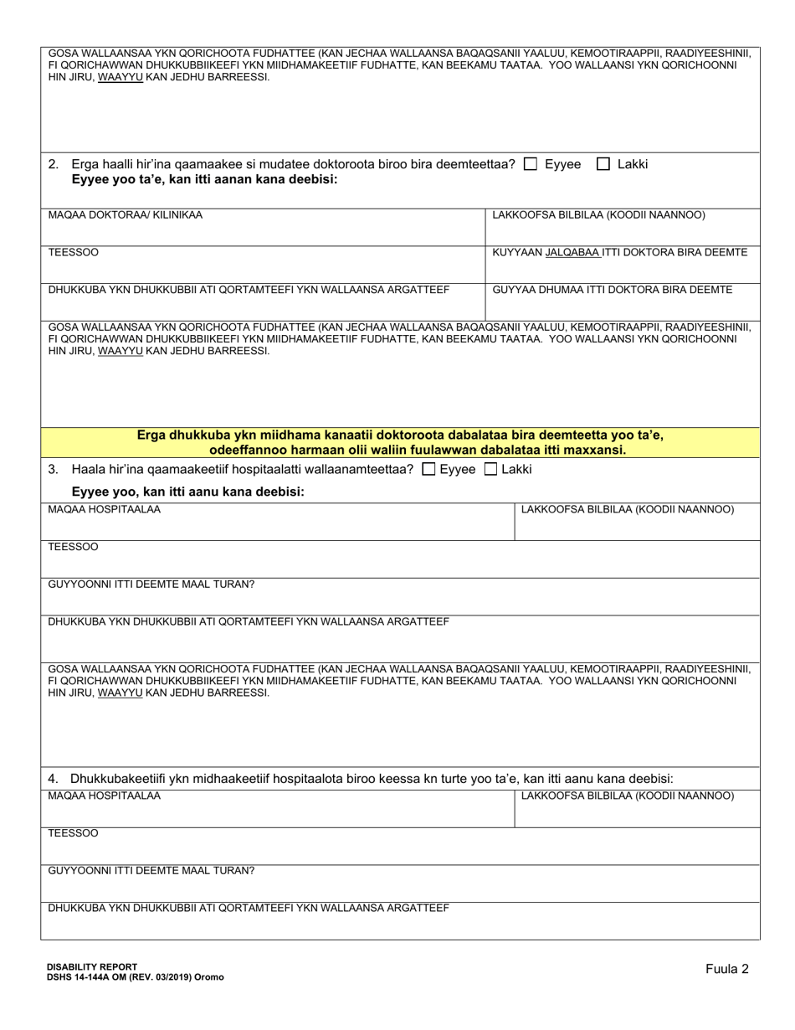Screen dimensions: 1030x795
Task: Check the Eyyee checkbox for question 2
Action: tap(530, 165)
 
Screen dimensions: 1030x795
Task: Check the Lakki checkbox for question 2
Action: tap(603, 165)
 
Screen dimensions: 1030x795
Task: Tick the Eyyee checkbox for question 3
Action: tap(429, 470)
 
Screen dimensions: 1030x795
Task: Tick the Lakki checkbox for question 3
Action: tap(491, 470)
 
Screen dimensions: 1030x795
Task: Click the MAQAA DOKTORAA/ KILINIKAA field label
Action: tap(126, 215)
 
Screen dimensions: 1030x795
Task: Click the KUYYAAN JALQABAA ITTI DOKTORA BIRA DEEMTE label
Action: tap(620, 253)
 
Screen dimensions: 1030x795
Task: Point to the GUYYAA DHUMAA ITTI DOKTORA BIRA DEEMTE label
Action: tap(613, 290)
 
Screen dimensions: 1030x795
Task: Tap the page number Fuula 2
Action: tap(726, 969)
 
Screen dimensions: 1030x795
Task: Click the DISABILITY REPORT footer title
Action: tap(93, 966)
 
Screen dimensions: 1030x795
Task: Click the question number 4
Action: tap(54, 778)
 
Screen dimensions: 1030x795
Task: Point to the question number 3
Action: tap(54, 470)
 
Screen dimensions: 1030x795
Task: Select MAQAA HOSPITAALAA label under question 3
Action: tap(105, 509)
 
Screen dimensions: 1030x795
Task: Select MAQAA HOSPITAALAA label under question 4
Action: tap(105, 796)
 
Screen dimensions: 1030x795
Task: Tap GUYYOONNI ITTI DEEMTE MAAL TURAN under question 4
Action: tap(151, 871)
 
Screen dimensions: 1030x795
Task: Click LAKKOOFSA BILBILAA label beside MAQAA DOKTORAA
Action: tap(598, 215)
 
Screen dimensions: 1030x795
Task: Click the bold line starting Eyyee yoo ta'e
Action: tap(205, 179)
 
